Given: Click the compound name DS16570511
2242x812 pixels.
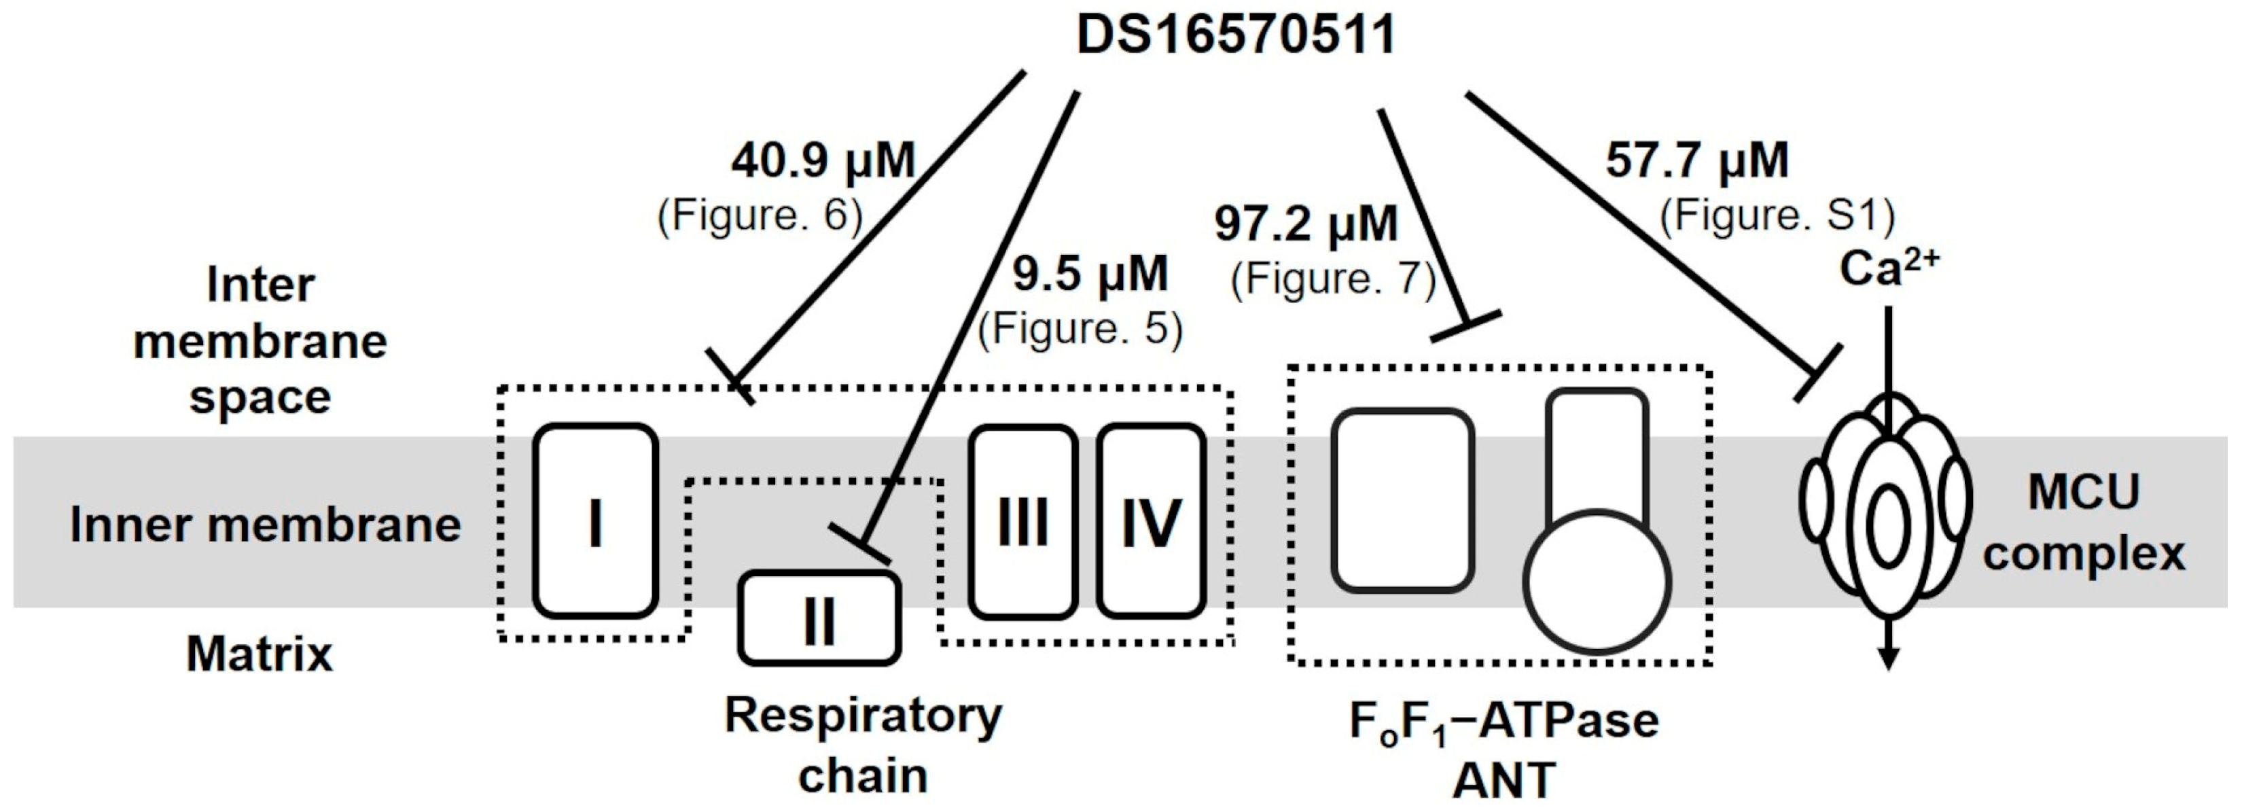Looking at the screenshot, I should (x=1236, y=37).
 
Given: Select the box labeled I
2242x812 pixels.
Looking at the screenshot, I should (x=595, y=521).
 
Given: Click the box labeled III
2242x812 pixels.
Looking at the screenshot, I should (x=1022, y=522).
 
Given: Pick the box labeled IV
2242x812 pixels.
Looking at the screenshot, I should (x=1151, y=522).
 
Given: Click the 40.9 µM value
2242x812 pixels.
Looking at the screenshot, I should (x=823, y=161).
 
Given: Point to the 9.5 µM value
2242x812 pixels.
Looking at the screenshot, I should (x=1090, y=274).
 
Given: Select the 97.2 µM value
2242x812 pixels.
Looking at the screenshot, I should (x=1306, y=224).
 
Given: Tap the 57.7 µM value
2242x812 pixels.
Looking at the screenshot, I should (x=1697, y=161).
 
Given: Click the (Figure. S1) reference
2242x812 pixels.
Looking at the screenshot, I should (x=1777, y=216).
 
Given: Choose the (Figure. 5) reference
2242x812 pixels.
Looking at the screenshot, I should (x=1080, y=329).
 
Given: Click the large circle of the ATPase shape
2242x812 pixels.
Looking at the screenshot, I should (x=1597, y=582).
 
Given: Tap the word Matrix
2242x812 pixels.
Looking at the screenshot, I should (x=260, y=654).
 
